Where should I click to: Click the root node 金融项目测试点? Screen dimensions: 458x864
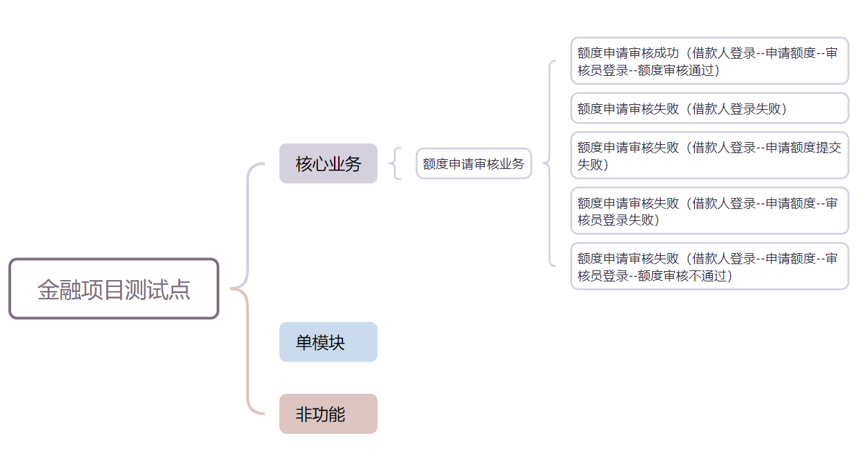click(114, 289)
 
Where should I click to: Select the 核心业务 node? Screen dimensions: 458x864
click(328, 163)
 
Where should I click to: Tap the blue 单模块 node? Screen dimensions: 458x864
click(328, 342)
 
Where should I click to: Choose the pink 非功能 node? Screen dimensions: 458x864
click(328, 414)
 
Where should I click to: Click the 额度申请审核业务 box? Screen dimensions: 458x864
click(473, 163)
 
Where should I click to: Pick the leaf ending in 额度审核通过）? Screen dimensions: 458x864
click(709, 61)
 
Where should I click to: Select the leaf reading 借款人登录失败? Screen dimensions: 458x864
click(709, 108)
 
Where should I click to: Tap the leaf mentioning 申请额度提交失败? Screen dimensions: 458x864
click(709, 155)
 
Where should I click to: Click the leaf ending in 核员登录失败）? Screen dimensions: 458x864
click(709, 211)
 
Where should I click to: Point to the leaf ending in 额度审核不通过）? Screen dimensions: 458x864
click(709, 266)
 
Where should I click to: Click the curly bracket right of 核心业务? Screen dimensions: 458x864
click(396, 163)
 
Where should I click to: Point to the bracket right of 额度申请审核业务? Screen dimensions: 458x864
click(549, 163)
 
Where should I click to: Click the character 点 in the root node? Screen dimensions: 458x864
click(181, 290)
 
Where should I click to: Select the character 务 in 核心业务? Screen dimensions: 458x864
click(353, 164)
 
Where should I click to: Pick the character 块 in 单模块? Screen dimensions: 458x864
click(337, 343)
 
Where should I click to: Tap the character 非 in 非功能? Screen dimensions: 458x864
click(304, 415)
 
